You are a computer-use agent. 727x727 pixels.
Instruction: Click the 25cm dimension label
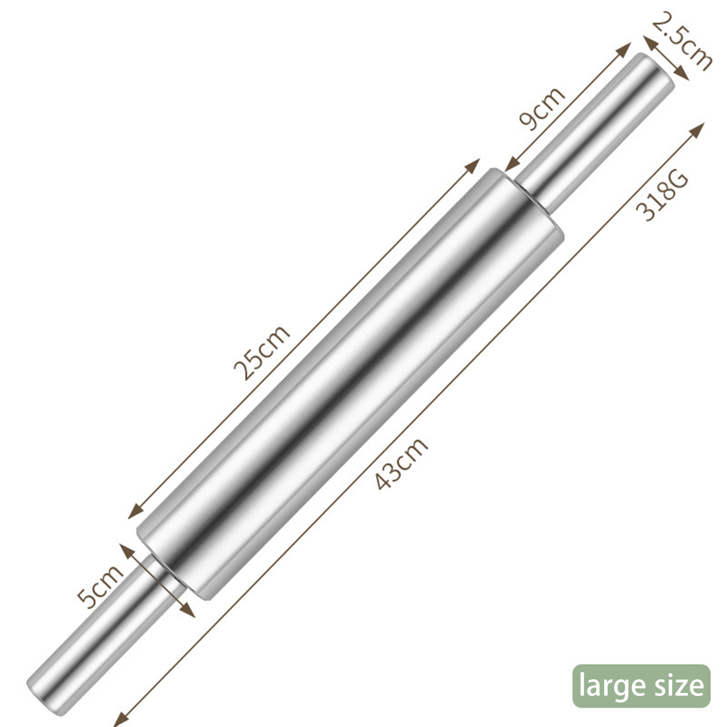click(261, 352)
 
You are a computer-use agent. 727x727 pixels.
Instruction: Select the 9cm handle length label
click(542, 108)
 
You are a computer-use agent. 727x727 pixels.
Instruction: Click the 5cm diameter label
click(100, 586)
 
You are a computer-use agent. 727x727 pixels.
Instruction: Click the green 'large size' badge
click(641, 686)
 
